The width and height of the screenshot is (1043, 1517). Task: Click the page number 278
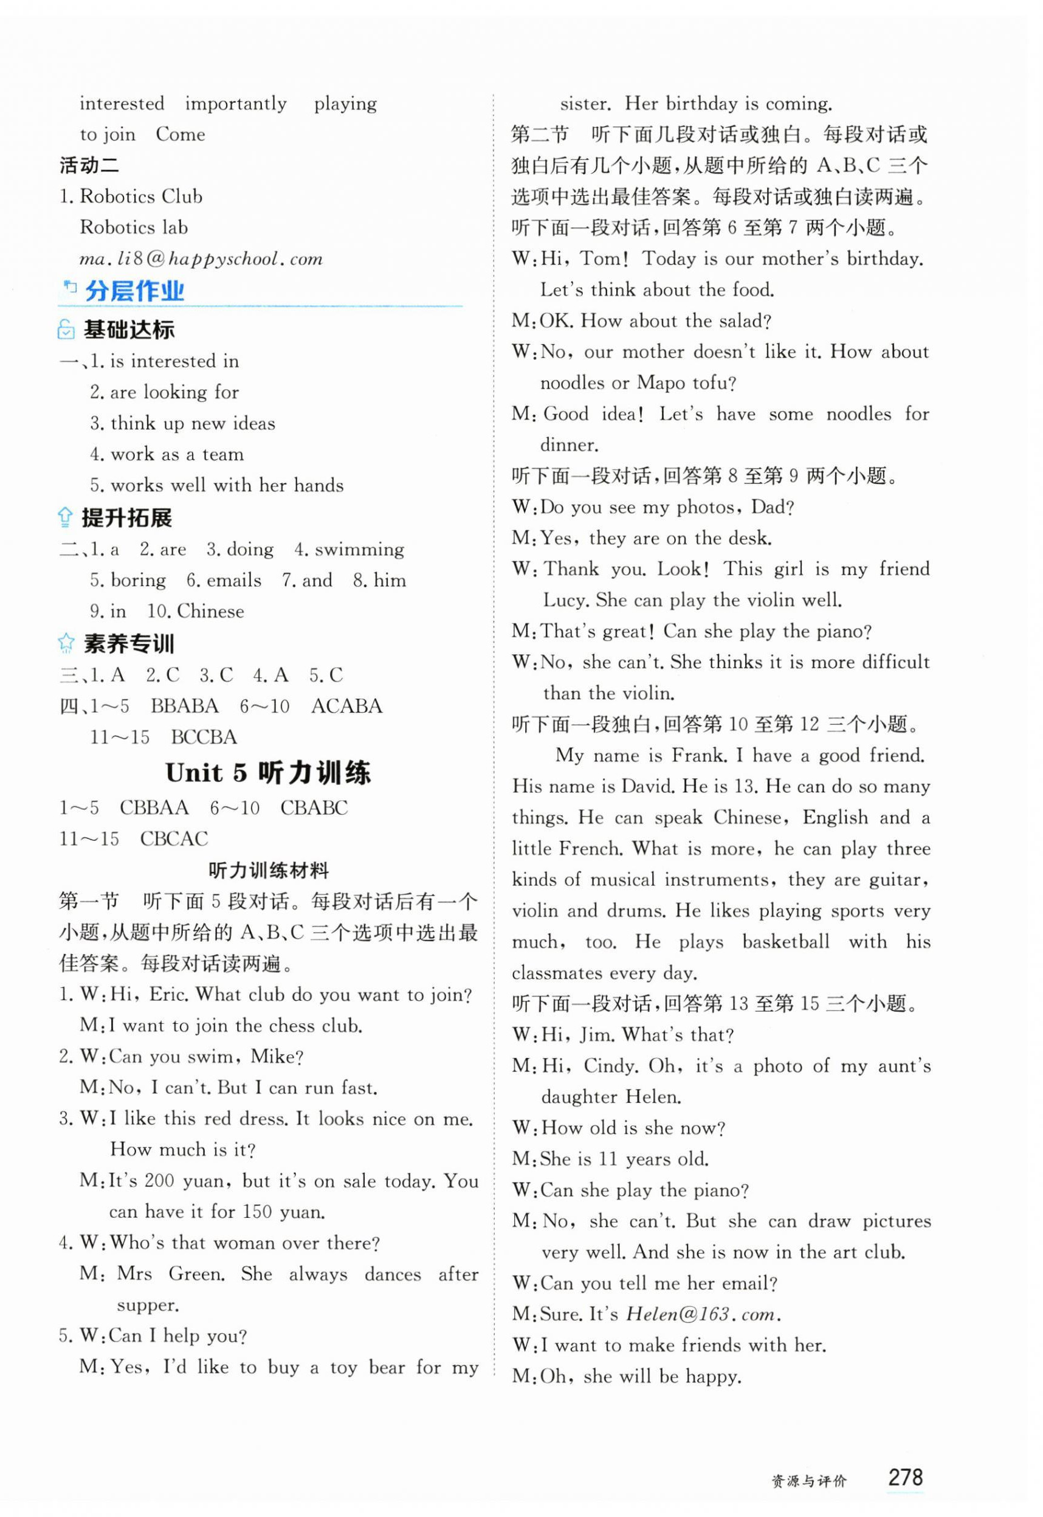[x=904, y=1476]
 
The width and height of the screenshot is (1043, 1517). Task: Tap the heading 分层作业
[x=134, y=291]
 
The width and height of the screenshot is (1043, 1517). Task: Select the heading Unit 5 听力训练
[x=268, y=773]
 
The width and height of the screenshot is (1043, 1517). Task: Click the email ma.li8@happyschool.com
[x=201, y=259]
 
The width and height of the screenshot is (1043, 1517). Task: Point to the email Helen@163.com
[x=702, y=1314]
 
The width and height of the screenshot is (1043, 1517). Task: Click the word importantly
[x=235, y=104]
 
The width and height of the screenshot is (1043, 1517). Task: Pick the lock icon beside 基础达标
[x=66, y=330]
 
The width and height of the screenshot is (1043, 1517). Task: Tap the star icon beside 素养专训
[x=66, y=644]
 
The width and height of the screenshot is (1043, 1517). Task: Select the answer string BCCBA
[x=204, y=738]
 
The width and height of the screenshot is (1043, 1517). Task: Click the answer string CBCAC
[x=174, y=838]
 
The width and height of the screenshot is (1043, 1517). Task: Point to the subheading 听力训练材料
[x=269, y=871]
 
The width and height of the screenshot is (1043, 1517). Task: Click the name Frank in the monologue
[x=698, y=756]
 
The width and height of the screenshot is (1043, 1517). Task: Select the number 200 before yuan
[x=159, y=1180]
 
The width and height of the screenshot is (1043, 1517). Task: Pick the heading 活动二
[x=89, y=165]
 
